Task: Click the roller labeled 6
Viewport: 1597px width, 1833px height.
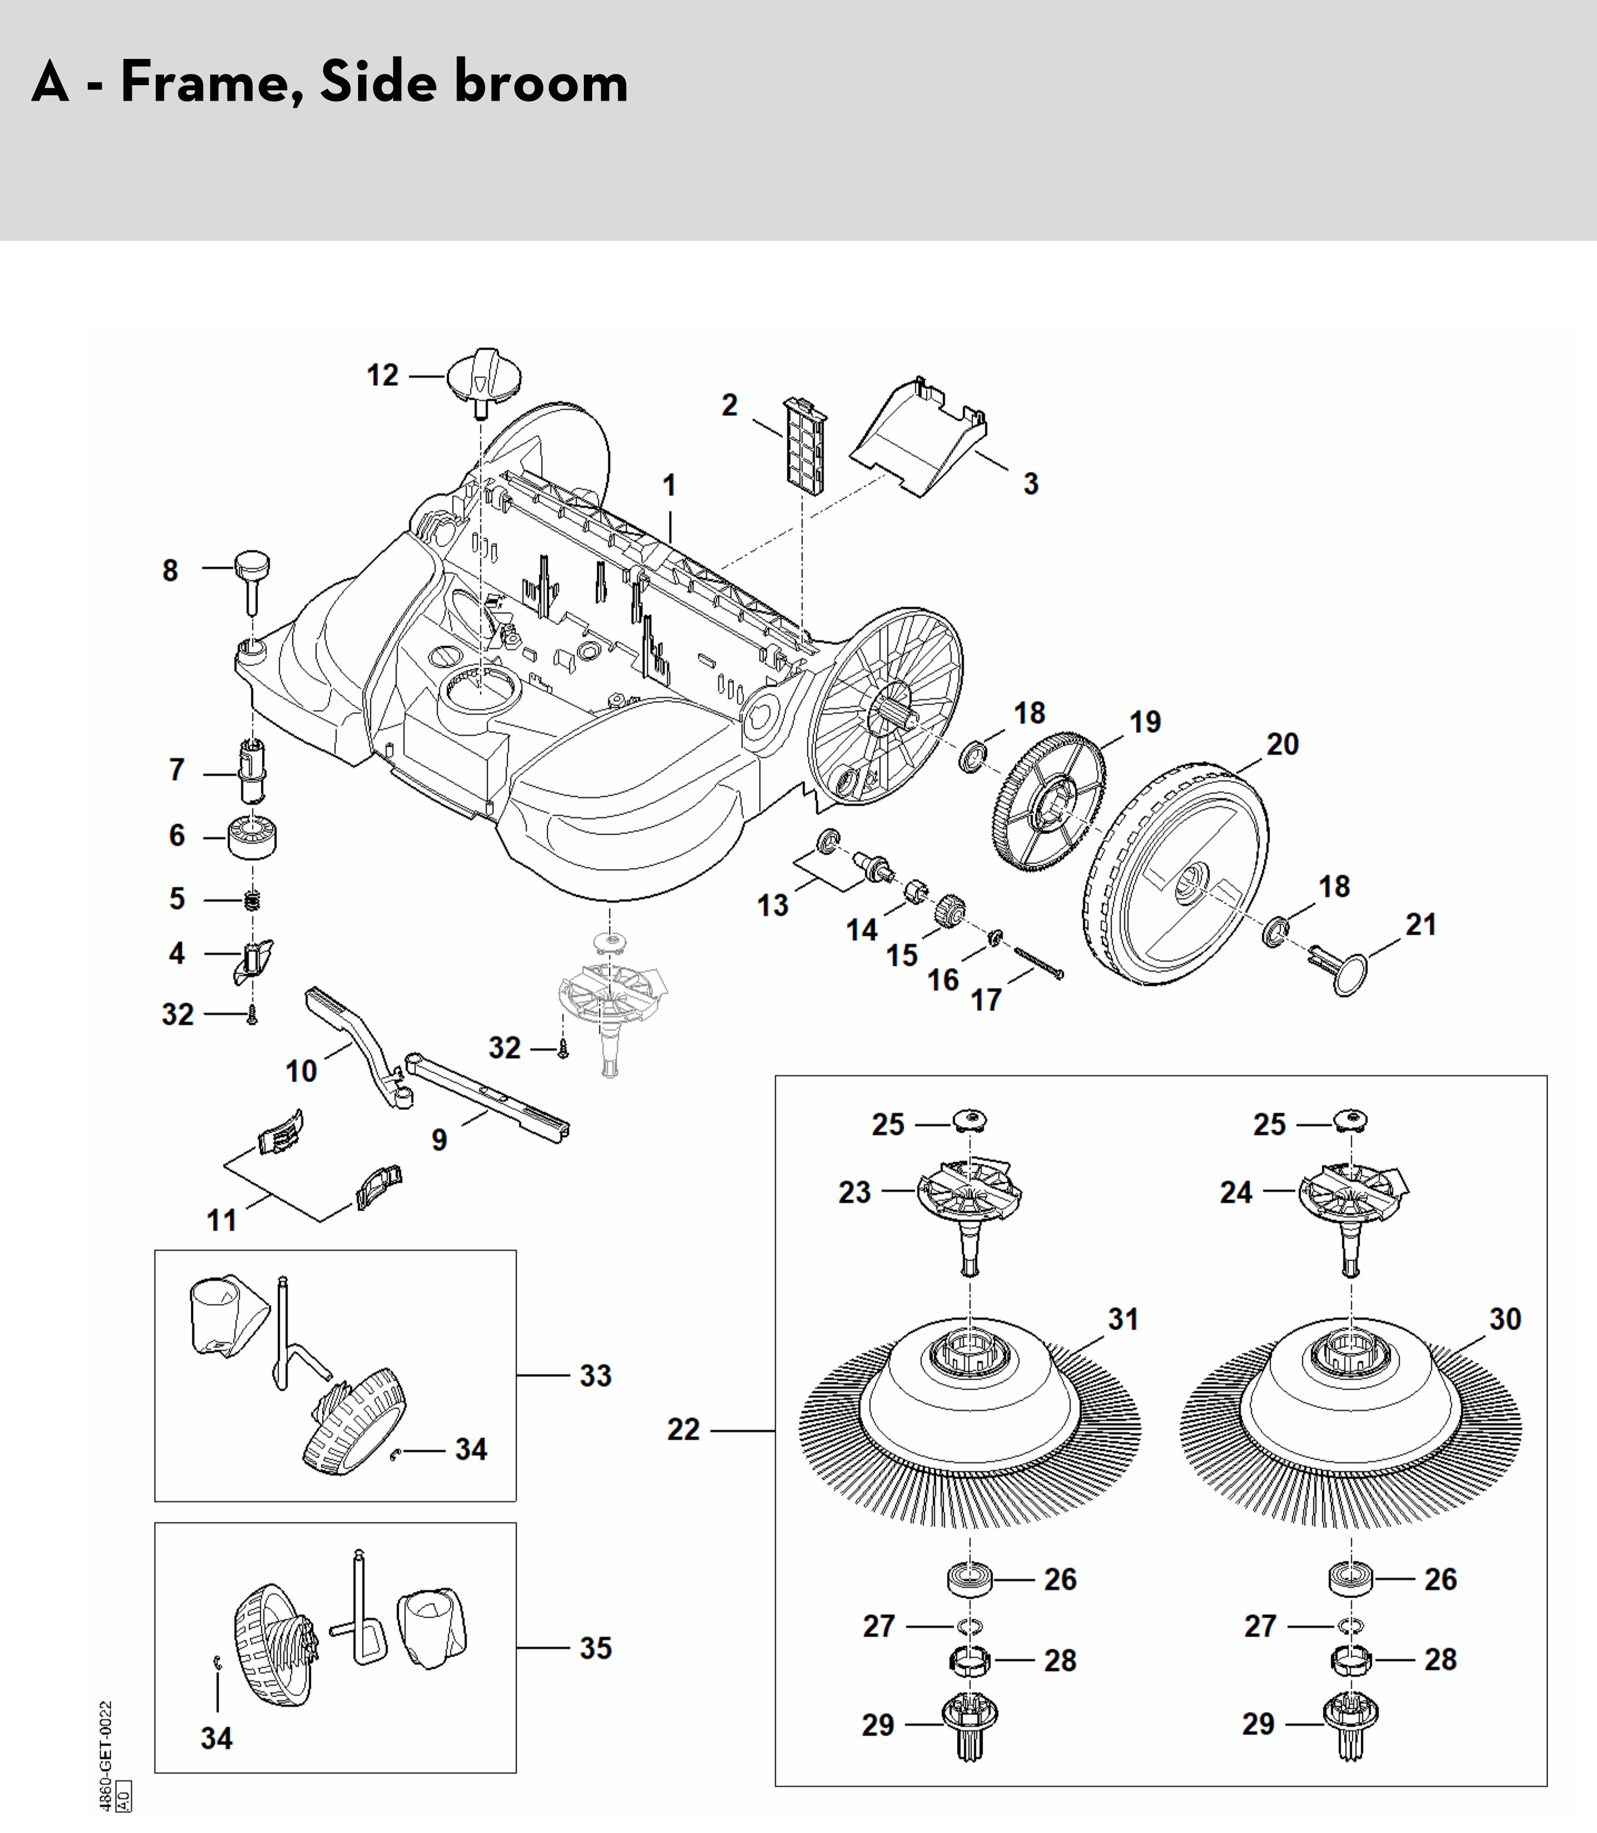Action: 252,838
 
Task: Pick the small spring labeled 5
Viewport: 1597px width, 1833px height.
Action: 253,901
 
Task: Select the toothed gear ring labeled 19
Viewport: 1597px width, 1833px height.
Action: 1049,801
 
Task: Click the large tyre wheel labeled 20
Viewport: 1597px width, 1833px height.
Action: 1177,873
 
